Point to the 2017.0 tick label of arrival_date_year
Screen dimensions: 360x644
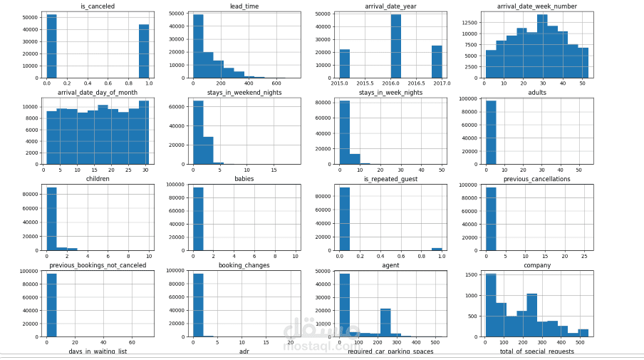[x=442, y=83]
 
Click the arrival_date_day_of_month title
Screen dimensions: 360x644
[x=97, y=92]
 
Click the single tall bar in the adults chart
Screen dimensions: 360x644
[x=491, y=133]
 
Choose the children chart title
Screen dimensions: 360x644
[x=97, y=179]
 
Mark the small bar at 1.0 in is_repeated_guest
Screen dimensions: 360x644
[x=437, y=249]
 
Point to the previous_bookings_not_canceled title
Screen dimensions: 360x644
[x=98, y=266]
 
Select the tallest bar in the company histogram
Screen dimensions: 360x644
[x=491, y=305]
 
